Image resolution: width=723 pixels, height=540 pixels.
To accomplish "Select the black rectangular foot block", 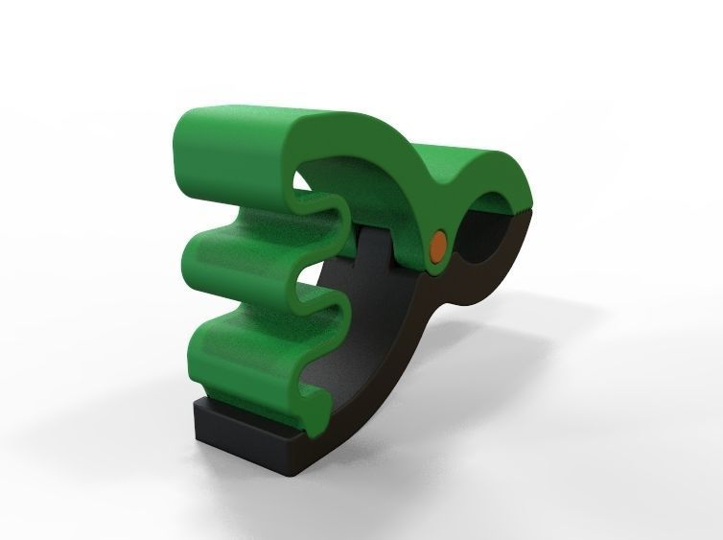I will point(245,432).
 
